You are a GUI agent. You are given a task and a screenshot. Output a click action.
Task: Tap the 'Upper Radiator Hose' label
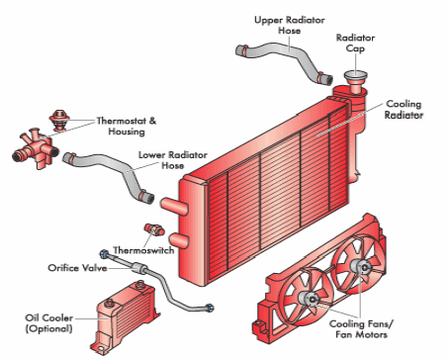[290, 25]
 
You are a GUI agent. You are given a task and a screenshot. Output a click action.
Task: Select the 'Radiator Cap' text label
[355, 44]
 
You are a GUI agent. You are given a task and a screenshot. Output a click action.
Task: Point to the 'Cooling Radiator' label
[403, 110]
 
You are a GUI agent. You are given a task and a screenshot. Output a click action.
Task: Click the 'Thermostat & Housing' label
[127, 126]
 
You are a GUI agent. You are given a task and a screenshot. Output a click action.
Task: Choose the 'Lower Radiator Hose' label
[173, 160]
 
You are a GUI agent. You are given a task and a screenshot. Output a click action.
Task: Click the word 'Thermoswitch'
[143, 250]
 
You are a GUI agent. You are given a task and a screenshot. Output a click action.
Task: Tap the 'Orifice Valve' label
[77, 268]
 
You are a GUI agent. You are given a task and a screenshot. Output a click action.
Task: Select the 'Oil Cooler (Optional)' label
[49, 323]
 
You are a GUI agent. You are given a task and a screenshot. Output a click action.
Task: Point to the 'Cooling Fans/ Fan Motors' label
[361, 329]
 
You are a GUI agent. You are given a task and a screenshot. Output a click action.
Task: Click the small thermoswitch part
[154, 229]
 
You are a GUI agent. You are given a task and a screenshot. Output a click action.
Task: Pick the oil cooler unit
[126, 317]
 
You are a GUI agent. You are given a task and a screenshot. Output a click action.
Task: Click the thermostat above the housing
[59, 120]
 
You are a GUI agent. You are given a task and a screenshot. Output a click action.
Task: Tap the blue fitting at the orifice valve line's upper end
[104, 254]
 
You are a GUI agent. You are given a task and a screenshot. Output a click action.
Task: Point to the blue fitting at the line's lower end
[210, 309]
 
